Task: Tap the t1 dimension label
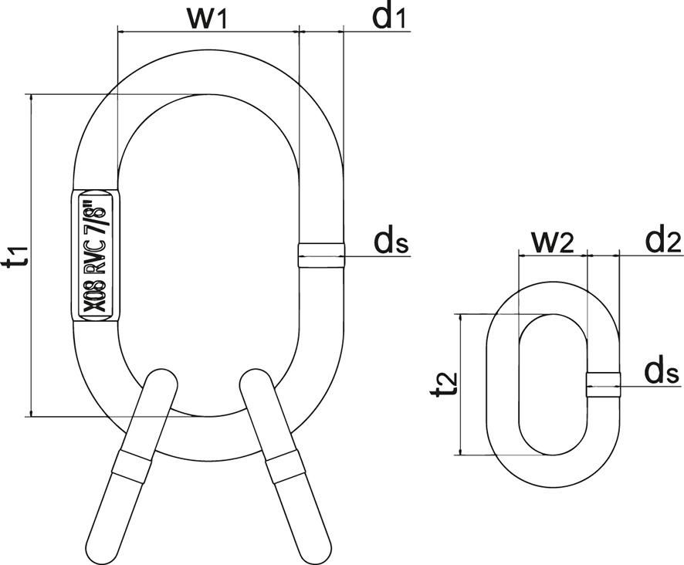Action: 17,255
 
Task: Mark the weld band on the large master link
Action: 320,255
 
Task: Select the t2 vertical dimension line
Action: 460,384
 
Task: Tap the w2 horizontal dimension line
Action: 552,254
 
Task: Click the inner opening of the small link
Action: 552,384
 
